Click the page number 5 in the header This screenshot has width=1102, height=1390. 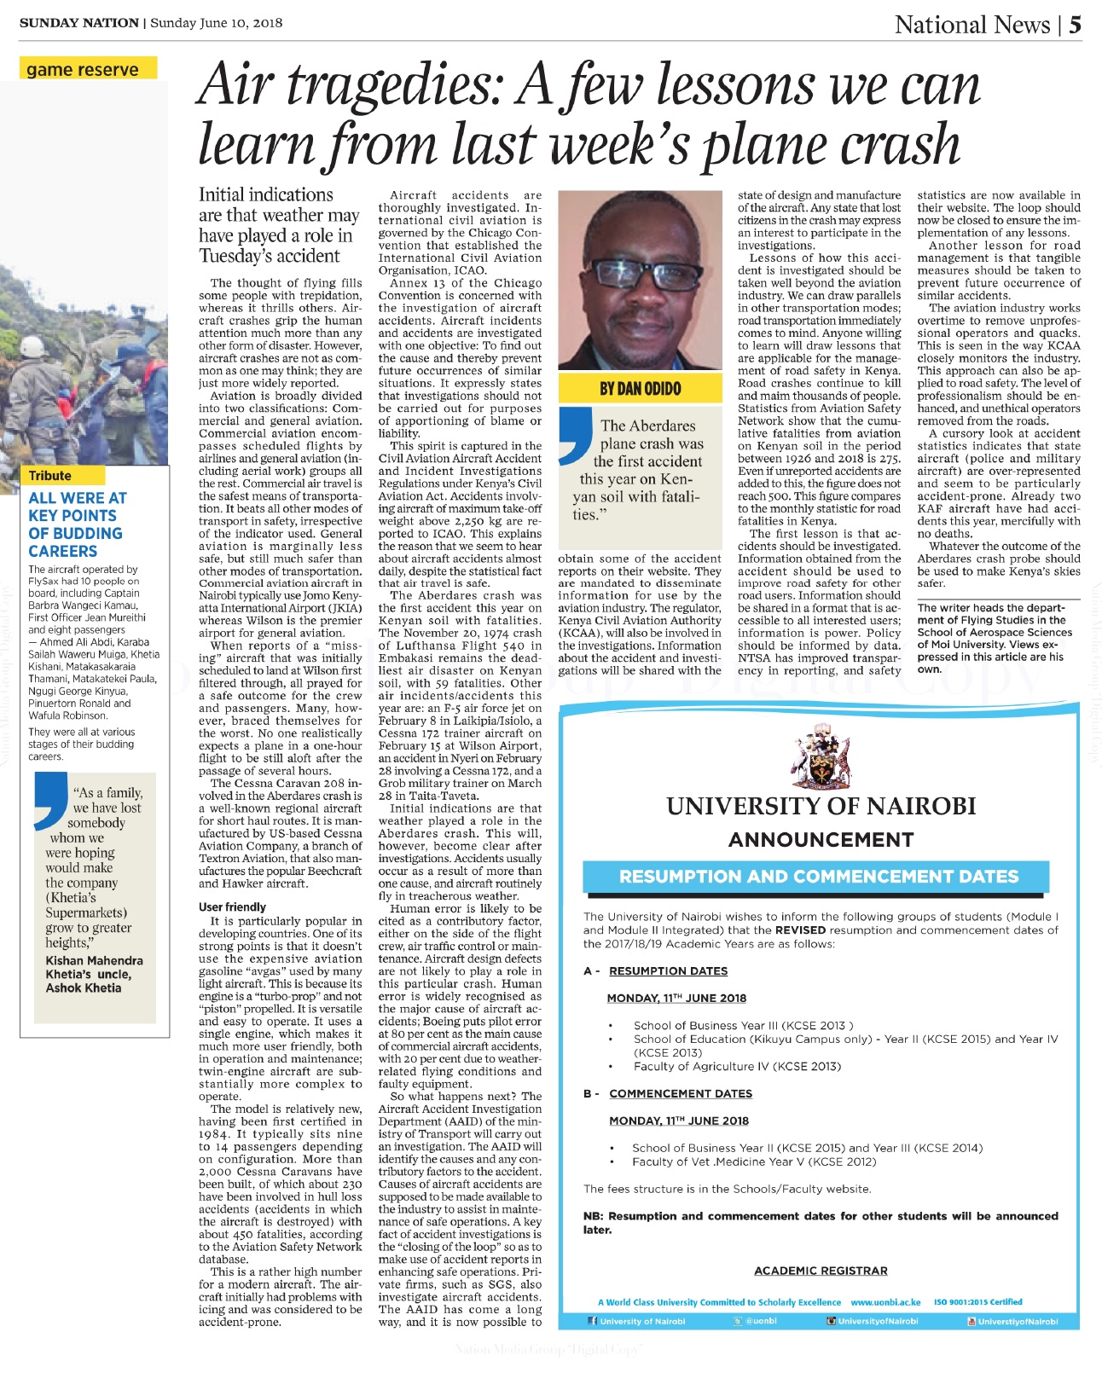pos(1075,24)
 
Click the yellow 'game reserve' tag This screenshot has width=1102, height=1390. pos(83,69)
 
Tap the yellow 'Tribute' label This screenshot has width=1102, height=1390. pos(50,475)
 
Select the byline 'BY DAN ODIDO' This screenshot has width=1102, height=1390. pos(640,389)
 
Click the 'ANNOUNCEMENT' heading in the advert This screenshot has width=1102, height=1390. pos(821,839)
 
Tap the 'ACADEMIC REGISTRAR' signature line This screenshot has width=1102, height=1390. pos(821,1271)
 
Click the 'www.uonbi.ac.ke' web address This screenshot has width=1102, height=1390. pos(885,1302)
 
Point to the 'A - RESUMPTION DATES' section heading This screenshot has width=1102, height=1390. pos(656,970)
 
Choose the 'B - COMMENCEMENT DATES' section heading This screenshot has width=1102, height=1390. pos(668,1093)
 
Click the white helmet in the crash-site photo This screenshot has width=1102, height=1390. pos(35,347)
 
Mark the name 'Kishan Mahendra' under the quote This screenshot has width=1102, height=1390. pos(94,960)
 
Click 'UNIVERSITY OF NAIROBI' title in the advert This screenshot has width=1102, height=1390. pos(821,805)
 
